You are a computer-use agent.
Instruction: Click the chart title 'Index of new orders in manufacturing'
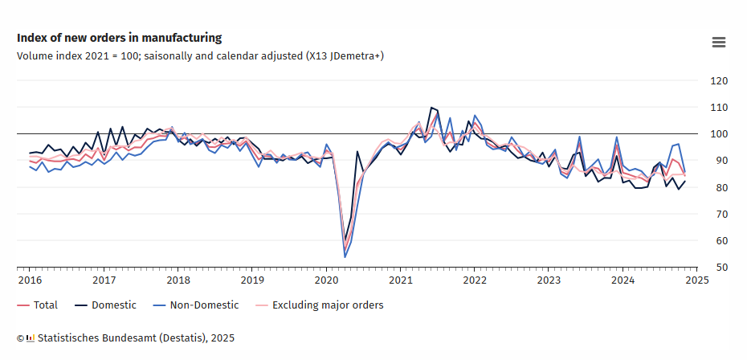click(x=119, y=38)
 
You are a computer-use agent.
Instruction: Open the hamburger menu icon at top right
click(x=719, y=43)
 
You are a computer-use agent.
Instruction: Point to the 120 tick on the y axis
click(x=719, y=81)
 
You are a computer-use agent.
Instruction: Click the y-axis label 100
click(x=719, y=134)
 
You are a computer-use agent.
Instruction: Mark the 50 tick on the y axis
click(x=719, y=268)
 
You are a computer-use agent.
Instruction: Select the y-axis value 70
click(x=719, y=215)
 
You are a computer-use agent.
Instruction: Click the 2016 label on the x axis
click(x=29, y=280)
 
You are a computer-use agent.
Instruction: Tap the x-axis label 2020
click(x=326, y=280)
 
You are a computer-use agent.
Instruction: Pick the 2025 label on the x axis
click(x=696, y=280)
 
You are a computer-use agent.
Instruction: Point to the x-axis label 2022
click(x=475, y=280)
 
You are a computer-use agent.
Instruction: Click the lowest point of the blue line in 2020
click(x=345, y=256)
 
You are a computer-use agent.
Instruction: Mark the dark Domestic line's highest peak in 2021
click(x=431, y=107)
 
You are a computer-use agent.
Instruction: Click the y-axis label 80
click(x=719, y=188)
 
